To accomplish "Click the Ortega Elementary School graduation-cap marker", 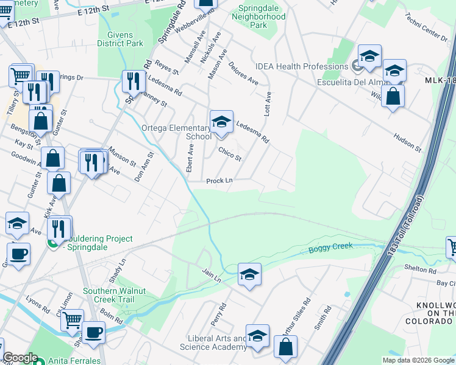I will (221, 121).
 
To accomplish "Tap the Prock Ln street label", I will (219, 181).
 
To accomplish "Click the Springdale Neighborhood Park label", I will (258, 17).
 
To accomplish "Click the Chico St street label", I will (230, 154).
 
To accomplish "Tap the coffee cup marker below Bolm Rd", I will (94, 333).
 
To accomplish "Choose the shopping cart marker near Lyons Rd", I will (72, 319).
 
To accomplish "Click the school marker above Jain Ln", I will (249, 275).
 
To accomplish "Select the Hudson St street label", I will (407, 143).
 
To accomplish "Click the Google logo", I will (20, 358).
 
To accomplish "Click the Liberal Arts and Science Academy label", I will (213, 342).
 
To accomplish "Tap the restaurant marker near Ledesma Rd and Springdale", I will (132, 82).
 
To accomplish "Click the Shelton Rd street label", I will (421, 269).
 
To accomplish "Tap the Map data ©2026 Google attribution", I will (418, 360).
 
